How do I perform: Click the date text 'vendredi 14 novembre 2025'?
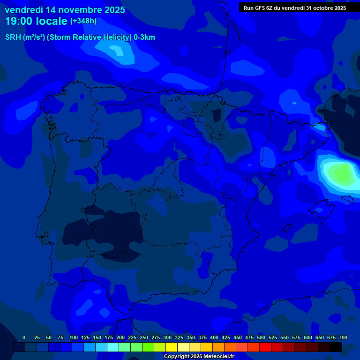(65, 10)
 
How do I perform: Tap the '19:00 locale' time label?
(36, 21)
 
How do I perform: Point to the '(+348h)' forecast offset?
(83, 21)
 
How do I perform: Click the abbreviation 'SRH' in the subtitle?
(13, 37)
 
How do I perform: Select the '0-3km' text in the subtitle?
(144, 37)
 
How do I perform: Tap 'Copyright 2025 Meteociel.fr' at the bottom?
(198, 357)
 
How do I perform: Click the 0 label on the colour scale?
(24, 337)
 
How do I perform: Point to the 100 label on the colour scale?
(74, 337)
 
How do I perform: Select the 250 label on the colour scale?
(144, 337)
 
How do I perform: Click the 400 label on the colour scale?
(214, 337)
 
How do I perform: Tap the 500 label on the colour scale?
(261, 337)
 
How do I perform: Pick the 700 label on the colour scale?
(343, 337)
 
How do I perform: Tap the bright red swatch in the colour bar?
(265, 347)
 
